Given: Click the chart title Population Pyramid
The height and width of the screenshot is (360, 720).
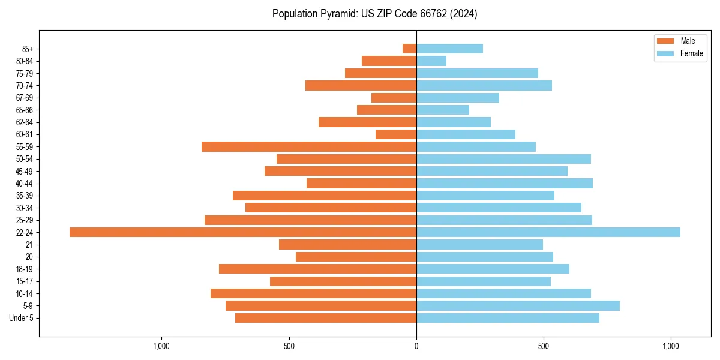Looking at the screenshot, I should click(374, 14).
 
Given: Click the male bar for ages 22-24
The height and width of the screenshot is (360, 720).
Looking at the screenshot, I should click(243, 232).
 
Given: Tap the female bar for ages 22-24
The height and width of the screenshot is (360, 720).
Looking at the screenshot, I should click(548, 232).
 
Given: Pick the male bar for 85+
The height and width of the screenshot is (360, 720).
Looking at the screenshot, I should click(409, 49).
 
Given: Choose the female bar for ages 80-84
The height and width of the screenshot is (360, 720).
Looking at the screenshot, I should click(431, 61).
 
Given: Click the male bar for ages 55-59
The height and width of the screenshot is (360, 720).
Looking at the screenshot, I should click(309, 146).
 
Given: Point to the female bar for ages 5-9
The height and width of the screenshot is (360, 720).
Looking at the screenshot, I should click(518, 305).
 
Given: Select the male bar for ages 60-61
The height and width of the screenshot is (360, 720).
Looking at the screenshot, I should click(396, 134).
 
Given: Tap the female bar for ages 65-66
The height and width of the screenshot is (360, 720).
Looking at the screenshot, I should click(443, 110).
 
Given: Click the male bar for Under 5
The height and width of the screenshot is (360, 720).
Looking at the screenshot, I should click(326, 318).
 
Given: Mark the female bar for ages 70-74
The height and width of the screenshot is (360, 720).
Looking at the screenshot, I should click(484, 85).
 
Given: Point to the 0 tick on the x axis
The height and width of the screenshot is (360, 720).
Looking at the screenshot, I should click(416, 346).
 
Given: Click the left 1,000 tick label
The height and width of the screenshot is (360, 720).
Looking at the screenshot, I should click(161, 346).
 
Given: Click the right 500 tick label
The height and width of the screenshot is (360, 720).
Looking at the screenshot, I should click(544, 346).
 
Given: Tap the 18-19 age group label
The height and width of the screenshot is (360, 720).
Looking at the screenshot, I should click(24, 269).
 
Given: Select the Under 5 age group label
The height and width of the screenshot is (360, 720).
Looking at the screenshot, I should click(21, 318).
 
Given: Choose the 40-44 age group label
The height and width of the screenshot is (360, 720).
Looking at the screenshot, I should click(24, 184).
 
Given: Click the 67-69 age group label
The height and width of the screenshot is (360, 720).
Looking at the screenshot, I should click(24, 98).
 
